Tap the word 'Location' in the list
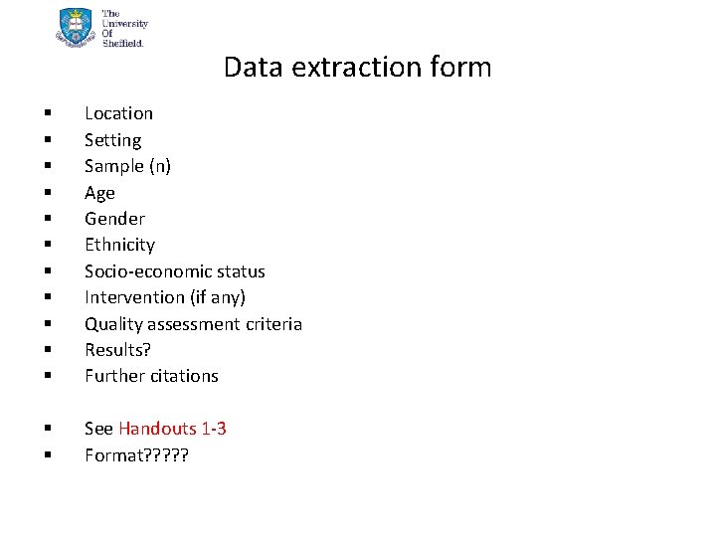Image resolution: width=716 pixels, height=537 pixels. pos(118,113)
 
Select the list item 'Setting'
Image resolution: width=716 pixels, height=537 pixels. pos(112,140)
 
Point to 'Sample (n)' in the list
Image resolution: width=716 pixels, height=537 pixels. pos(127,166)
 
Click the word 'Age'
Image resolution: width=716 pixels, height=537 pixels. pos(99,193)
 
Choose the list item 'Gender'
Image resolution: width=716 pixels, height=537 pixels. pos(114,219)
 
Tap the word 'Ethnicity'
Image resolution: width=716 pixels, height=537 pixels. pos(119,245)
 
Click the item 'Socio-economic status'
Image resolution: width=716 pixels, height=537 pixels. pos(174,271)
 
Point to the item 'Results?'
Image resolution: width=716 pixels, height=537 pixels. pos(117,350)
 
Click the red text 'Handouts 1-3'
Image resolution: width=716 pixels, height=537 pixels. pos(172,429)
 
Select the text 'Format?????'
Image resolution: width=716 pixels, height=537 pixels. pos(136,455)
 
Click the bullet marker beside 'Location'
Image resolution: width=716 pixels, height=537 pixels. pos(47,114)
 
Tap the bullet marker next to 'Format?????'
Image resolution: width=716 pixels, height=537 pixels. pos(47,456)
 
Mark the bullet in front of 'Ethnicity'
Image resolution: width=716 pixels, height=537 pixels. pos(47,246)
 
